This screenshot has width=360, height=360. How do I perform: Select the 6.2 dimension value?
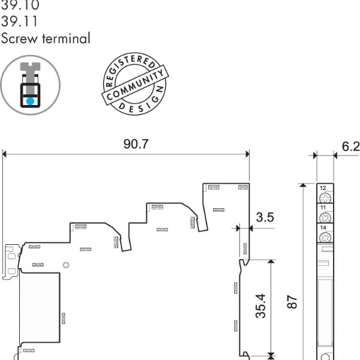pyautogui.click(x=350, y=146)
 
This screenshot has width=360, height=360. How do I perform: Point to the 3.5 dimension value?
pyautogui.click(x=265, y=217)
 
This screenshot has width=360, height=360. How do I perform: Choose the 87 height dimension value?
pyautogui.click(x=293, y=300)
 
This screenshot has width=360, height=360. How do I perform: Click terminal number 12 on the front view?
pyautogui.click(x=323, y=188)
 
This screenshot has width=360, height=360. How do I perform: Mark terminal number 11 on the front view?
pyautogui.click(x=323, y=207)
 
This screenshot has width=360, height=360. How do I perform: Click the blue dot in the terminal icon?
pyautogui.click(x=29, y=100)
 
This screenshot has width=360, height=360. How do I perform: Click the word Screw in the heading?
pyautogui.click(x=17, y=39)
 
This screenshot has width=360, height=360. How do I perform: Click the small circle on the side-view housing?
pyautogui.click(x=67, y=265)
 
